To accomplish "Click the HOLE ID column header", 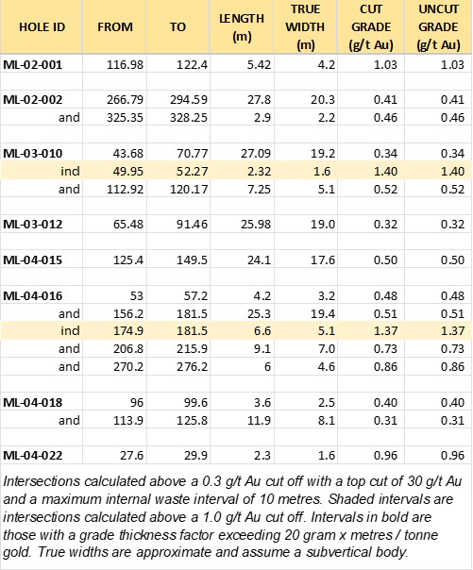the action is [42, 27].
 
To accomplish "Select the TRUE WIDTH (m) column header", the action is [305, 27].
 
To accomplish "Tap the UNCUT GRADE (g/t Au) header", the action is [438, 27].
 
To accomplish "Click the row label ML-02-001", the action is [33, 65].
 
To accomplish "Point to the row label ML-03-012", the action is [33, 224].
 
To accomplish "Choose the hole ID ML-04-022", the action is [33, 455].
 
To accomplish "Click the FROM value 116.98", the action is [125, 65].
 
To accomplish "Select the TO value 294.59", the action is [189, 100].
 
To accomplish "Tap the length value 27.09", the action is [256, 153].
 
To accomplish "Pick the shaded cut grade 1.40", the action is [385, 171].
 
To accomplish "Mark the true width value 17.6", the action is [323, 260].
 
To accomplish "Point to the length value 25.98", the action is [256, 224].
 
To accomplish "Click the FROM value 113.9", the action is [128, 420].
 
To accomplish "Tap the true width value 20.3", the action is [323, 100].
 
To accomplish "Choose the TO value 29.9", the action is [195, 455].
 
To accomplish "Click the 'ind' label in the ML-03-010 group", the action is [70, 171].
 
